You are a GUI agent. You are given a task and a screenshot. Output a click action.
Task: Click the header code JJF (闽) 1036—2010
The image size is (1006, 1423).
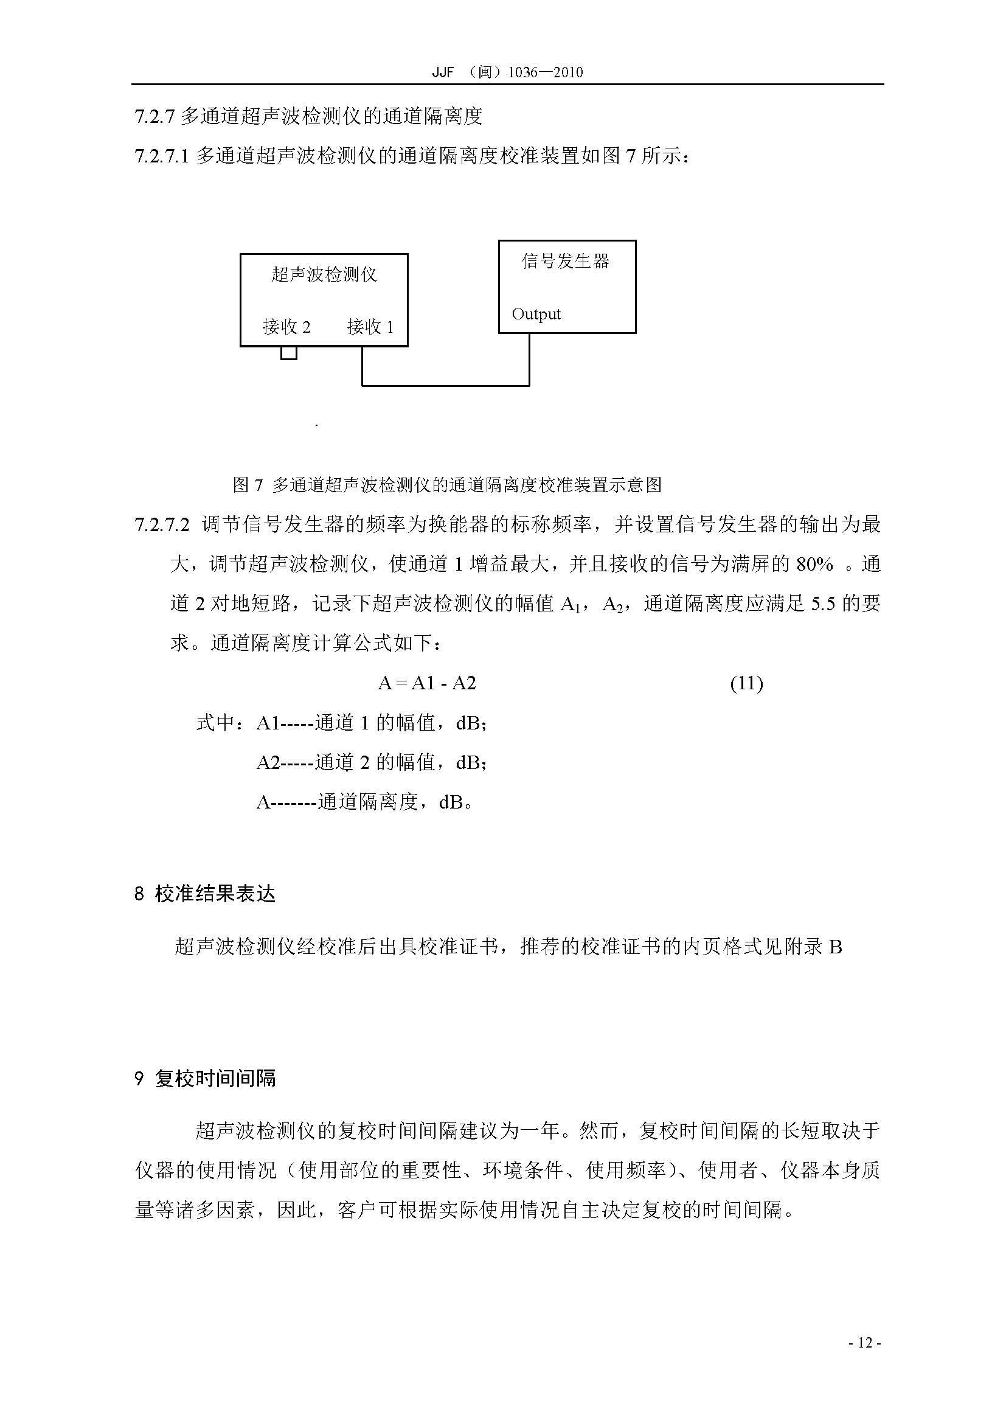point(507,72)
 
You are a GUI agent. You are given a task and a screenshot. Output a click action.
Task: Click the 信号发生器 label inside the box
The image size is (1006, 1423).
point(566,261)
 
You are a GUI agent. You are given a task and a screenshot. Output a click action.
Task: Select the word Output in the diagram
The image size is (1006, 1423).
point(536,314)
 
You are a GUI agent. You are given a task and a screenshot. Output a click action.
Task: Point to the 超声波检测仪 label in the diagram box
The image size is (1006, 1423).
point(324,274)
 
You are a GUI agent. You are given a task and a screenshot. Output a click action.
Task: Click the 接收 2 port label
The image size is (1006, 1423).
point(286,327)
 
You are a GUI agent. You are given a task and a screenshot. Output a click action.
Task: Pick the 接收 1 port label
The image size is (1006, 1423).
point(370,327)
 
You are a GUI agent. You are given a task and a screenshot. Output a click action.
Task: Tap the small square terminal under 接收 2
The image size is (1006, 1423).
point(289,353)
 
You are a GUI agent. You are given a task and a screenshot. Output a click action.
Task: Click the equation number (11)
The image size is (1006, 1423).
point(746,684)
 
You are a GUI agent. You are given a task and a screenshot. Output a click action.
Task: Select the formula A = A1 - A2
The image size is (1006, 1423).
point(427,684)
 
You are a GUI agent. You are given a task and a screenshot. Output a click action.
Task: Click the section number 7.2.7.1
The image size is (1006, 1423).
point(161,156)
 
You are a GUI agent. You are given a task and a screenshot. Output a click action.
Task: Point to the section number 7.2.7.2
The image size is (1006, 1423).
point(161,525)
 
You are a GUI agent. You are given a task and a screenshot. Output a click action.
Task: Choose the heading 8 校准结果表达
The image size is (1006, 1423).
point(204,894)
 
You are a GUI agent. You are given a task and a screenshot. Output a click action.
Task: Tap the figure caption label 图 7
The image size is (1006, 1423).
point(248,485)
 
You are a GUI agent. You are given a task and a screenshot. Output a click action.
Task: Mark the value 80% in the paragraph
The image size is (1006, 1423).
point(814,564)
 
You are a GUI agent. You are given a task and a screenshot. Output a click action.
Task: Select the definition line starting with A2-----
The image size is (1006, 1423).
point(372,762)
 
